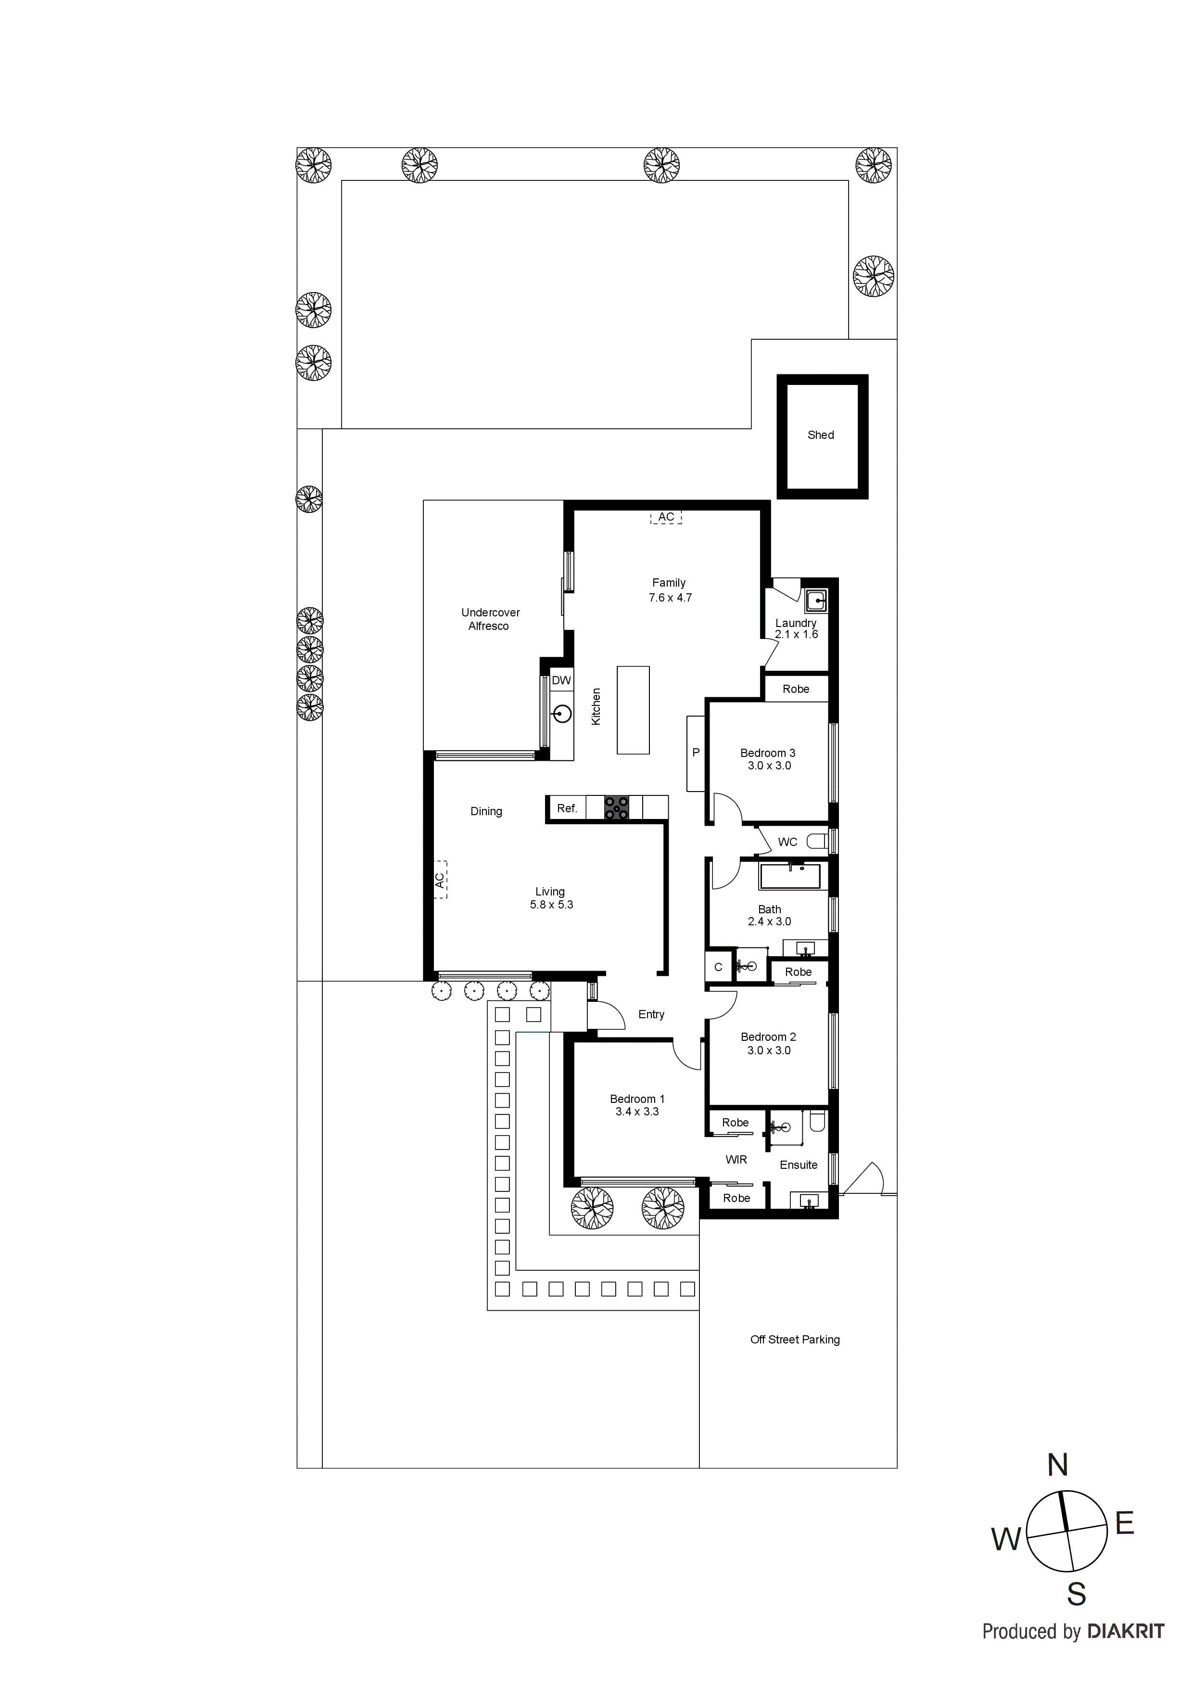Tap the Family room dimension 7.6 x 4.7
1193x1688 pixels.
(x=670, y=598)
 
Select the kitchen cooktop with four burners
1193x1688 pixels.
(x=616, y=808)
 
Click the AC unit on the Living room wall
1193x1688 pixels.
(x=440, y=880)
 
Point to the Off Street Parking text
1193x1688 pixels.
(x=795, y=1340)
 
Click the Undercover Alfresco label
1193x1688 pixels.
(x=490, y=619)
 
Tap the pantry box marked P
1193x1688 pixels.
(x=696, y=753)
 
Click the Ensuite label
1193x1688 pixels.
(x=798, y=1164)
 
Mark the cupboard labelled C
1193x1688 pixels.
(x=718, y=967)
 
